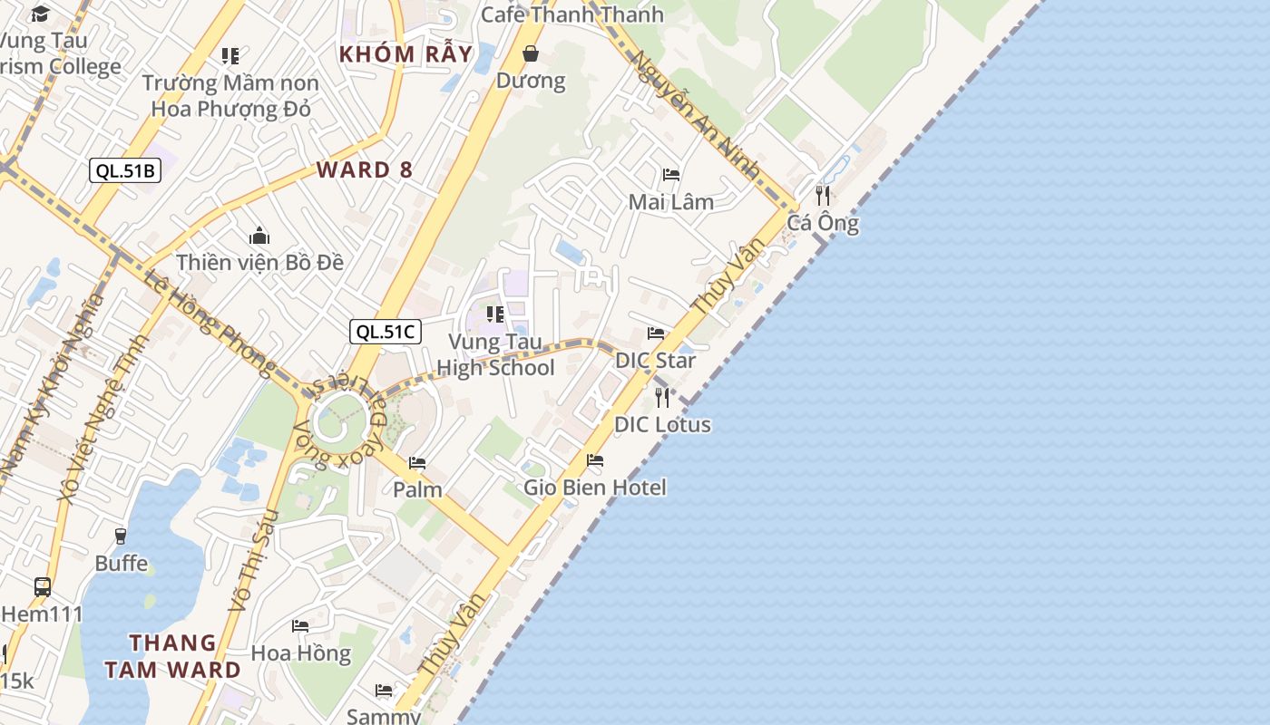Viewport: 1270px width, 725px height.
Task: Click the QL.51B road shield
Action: coord(125,170)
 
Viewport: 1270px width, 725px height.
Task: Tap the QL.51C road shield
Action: coord(386,332)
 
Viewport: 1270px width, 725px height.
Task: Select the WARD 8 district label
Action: coord(364,169)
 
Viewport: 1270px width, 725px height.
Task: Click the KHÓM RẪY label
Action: coord(405,54)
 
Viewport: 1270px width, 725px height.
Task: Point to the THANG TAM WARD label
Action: coord(172,656)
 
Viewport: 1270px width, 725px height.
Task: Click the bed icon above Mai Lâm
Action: coord(671,175)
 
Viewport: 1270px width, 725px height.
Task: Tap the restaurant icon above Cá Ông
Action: coord(823,195)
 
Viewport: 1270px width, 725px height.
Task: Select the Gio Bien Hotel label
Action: coord(594,488)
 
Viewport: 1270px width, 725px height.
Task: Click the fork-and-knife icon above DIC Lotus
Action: coord(662,397)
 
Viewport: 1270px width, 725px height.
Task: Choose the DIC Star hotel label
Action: coord(655,361)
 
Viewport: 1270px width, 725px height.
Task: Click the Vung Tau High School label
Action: coord(495,355)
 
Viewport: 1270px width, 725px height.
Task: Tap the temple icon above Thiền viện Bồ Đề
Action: coord(259,237)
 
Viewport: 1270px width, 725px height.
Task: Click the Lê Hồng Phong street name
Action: coord(210,322)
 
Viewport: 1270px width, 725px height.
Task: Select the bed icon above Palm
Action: coord(417,463)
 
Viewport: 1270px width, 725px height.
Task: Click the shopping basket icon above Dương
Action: coord(531,54)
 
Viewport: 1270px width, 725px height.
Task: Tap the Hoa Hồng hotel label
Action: coord(300,653)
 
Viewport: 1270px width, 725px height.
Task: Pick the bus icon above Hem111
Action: coord(43,586)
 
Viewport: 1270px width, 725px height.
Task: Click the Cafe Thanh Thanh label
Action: coord(571,14)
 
